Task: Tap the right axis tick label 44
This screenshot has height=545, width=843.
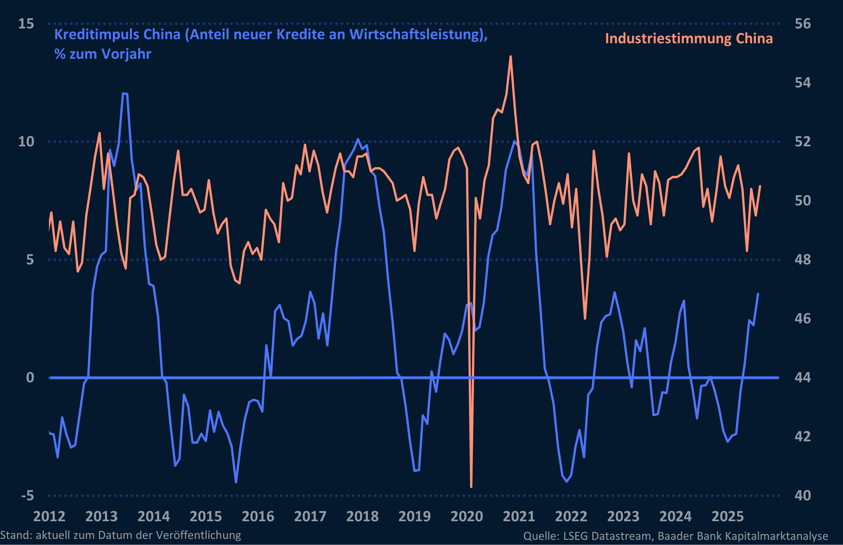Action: coord(802,378)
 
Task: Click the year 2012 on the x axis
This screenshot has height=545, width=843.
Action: coord(49,516)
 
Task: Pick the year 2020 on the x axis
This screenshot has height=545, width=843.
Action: coord(467,516)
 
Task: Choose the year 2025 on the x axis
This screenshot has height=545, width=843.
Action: coord(728,516)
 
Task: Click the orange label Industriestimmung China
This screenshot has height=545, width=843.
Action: coord(689,39)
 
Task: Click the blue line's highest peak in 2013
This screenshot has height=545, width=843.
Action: coord(124,94)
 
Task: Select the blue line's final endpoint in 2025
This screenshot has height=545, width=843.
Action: coord(758,294)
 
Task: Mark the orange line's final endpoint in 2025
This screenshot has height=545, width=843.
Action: coord(760,186)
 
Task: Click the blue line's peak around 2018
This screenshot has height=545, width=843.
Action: coord(358,139)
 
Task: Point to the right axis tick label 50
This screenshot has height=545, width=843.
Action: coord(802,201)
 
